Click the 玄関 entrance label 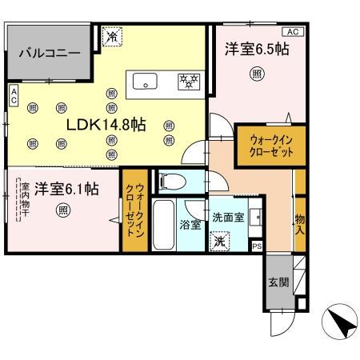274,283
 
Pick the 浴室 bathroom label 190,226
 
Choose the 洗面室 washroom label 227,216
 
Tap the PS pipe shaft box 257,246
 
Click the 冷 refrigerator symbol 113,35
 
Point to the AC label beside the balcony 14,97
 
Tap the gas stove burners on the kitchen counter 188,80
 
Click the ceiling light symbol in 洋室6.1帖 63,210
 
